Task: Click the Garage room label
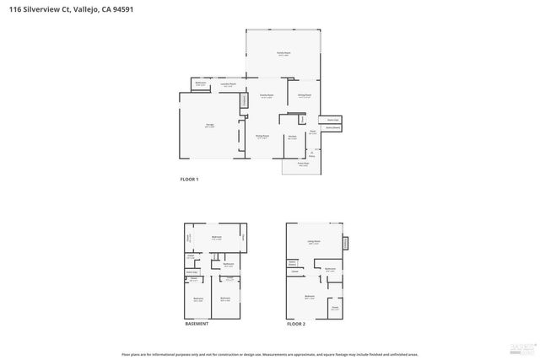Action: [x=209, y=126]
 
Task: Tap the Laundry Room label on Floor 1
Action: [x=228, y=83]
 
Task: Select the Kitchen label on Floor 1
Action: [x=292, y=136]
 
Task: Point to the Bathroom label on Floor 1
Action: [x=201, y=83]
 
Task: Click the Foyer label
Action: [x=311, y=132]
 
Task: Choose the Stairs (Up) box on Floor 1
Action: [x=333, y=120]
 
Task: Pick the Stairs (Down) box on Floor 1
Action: [x=333, y=129]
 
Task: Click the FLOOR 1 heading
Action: [x=190, y=179]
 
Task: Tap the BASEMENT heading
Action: [x=197, y=324]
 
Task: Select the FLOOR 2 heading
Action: [x=295, y=324]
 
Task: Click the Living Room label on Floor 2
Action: [x=313, y=241]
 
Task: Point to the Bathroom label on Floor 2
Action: [x=331, y=268]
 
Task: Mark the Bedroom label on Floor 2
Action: [x=310, y=296]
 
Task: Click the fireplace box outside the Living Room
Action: [x=345, y=244]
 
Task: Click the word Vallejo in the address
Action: [x=80, y=9]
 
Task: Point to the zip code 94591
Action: [x=121, y=9]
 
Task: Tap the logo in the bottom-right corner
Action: [x=522, y=347]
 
